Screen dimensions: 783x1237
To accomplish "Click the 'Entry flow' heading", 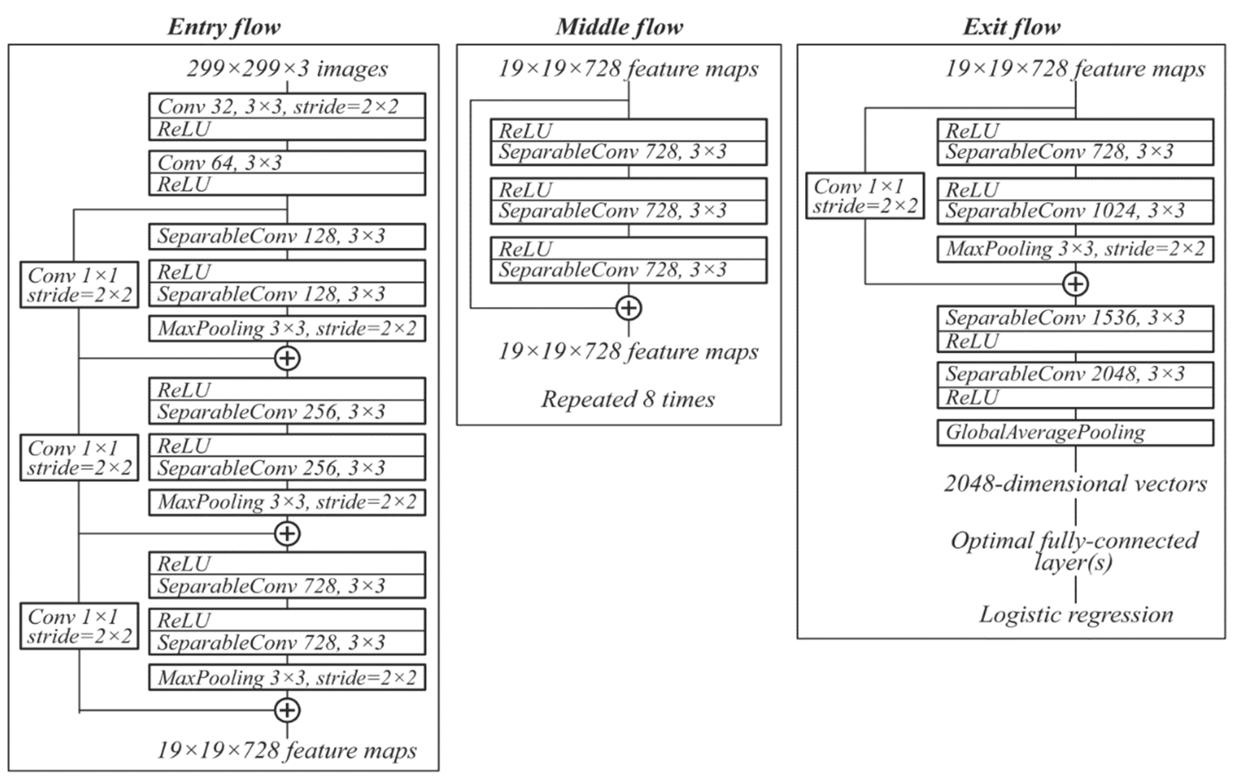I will pos(224,27).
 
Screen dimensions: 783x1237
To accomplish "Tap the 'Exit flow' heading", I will pos(1011,27).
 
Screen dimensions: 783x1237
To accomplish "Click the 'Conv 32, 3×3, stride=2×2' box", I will pos(287,106).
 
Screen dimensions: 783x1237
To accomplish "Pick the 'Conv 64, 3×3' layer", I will pos(287,163).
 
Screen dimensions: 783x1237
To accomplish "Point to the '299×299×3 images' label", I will pos(287,69).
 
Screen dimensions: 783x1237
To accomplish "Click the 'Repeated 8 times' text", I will pos(628,399).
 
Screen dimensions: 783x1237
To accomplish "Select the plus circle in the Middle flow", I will pos(629,308).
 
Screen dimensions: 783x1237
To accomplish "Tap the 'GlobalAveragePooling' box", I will pos(1075,432).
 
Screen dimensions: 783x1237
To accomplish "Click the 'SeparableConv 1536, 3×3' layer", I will pos(1075,318).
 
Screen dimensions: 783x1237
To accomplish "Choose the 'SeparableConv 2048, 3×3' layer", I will pos(1075,374).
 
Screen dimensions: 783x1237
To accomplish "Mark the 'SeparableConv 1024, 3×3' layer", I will pos(1075,211).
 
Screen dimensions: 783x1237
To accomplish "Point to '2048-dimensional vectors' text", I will pos(1075,484).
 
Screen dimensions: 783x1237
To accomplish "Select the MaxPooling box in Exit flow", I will pos(1075,249).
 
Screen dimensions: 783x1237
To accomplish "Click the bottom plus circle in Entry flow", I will pos(287,711).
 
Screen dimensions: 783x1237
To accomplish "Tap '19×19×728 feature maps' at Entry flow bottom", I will pos(287,751).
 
